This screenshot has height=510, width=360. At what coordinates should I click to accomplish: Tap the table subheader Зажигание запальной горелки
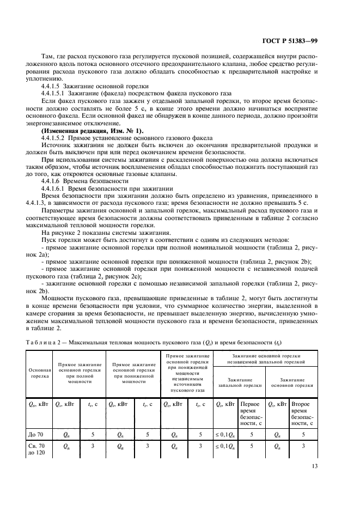click(239, 381)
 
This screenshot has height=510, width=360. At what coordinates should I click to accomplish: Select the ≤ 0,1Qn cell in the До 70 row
click(225, 434)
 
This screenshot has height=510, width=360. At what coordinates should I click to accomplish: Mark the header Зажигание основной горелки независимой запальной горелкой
click(265, 357)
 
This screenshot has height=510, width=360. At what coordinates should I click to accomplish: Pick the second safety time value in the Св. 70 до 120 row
click(303, 446)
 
